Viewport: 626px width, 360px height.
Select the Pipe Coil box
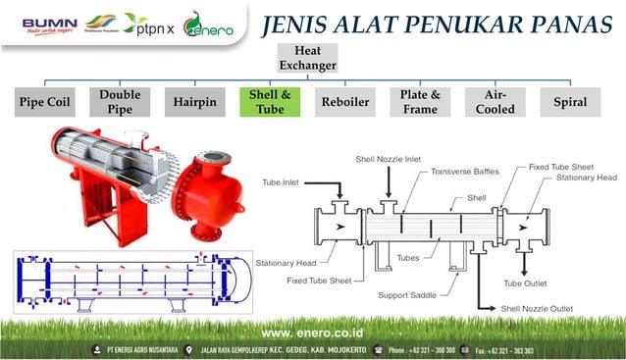[x=46, y=101]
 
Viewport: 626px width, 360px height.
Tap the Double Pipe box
[x=120, y=101]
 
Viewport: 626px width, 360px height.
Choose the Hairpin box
[x=194, y=101]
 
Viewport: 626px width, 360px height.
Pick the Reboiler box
[x=345, y=101]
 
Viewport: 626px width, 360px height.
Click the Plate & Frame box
[x=420, y=101]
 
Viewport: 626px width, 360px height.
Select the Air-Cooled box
[x=496, y=101]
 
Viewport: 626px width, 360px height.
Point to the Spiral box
[x=570, y=101]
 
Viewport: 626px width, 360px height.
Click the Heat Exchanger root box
[x=307, y=58]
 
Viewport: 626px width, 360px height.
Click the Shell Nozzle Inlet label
[x=389, y=158]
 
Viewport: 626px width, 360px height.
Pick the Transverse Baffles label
[x=464, y=171]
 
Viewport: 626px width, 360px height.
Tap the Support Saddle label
[x=409, y=294]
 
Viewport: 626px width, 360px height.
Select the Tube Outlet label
[x=526, y=283]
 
